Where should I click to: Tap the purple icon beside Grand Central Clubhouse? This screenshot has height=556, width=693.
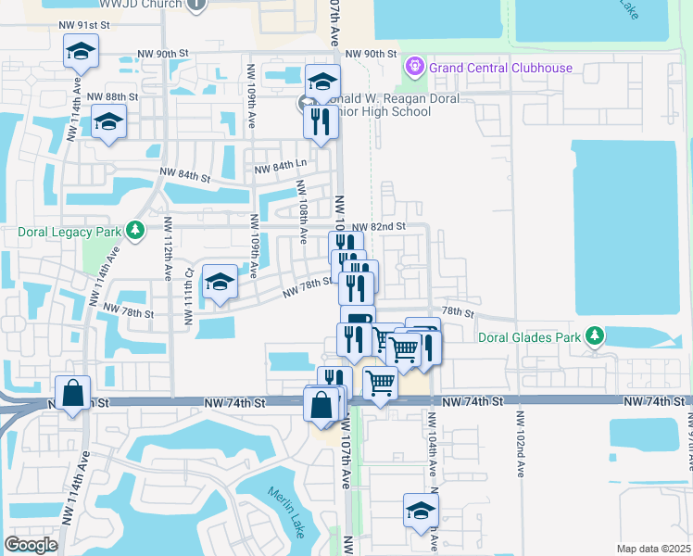[414, 68]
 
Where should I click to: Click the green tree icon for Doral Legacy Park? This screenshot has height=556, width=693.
[136, 229]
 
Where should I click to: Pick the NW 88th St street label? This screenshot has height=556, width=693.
[113, 96]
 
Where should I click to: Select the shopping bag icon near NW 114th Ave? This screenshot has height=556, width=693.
[72, 394]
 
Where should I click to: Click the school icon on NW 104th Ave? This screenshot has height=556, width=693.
[421, 511]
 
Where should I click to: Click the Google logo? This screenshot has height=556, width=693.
[31, 544]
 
